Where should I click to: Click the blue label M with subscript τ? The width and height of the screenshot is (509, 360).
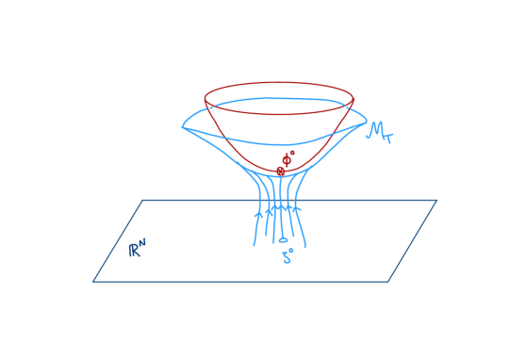click(x=380, y=133)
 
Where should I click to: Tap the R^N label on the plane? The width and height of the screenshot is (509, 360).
click(x=139, y=249)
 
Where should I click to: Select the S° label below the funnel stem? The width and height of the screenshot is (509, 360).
click(x=287, y=256)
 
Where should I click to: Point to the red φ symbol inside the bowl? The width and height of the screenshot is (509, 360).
click(x=286, y=159)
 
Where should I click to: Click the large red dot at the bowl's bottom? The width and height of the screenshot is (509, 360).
click(x=280, y=171)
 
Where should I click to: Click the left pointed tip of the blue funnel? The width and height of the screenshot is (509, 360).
click(x=183, y=125)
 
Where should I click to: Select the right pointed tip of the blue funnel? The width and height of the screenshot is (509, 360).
click(x=366, y=122)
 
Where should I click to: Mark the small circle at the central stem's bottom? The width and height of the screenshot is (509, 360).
click(x=282, y=239)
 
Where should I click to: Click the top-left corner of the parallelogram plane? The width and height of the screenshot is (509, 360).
click(x=143, y=200)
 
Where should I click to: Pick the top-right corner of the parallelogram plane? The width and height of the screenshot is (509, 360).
click(x=436, y=200)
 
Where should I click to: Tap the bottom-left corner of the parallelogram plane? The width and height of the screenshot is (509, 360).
click(x=93, y=281)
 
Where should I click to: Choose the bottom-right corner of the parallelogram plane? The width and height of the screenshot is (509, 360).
click(x=387, y=281)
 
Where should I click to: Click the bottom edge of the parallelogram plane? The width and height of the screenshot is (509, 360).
click(x=240, y=281)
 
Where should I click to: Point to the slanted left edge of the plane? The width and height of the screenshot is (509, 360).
click(x=118, y=240)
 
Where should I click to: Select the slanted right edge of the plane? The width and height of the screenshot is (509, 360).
click(x=412, y=240)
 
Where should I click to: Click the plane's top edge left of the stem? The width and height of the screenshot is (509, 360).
click(x=198, y=200)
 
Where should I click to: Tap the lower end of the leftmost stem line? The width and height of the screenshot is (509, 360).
click(x=254, y=245)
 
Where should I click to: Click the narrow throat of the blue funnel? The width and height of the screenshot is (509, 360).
click(x=279, y=188)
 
